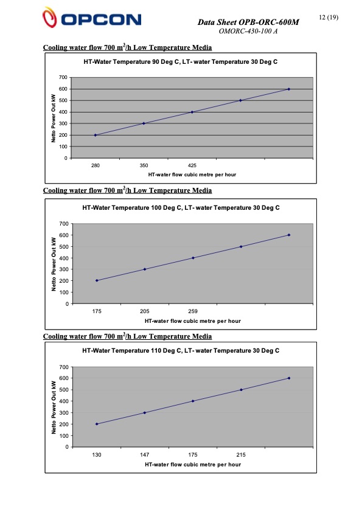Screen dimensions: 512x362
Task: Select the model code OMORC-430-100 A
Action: point(248,31)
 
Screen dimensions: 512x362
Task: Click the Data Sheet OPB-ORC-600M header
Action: point(249,22)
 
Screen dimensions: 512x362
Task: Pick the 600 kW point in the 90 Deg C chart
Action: point(288,89)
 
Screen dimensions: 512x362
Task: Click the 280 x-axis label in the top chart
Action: point(96,165)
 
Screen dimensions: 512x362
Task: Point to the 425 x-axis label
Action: point(192,165)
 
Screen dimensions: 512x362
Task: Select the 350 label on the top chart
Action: point(144,165)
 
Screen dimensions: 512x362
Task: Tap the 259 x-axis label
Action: point(193,311)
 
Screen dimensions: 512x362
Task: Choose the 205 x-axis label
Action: point(145,311)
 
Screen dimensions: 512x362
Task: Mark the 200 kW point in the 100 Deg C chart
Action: point(97,280)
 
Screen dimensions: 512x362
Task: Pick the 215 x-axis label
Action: point(241,455)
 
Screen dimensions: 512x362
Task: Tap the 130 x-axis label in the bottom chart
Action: point(97,455)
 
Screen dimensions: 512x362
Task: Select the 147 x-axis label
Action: point(145,455)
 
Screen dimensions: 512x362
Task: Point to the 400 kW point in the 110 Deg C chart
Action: point(193,401)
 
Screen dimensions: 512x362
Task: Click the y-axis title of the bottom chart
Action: point(54,407)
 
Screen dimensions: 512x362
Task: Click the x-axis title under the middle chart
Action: point(192,320)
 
